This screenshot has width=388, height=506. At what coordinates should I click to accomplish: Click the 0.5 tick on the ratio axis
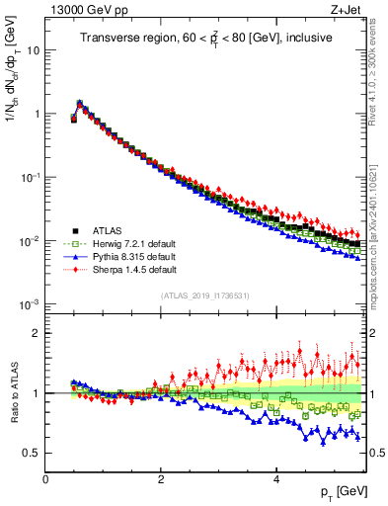32,453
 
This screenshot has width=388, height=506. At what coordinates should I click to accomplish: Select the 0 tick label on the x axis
45,479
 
